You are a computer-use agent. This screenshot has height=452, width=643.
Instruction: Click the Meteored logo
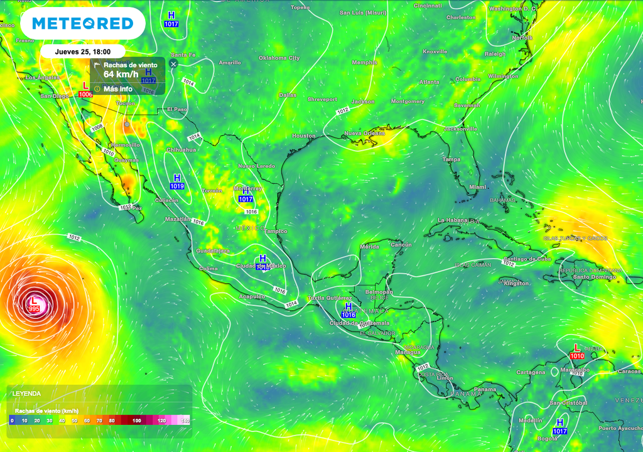pyautogui.click(x=82, y=24)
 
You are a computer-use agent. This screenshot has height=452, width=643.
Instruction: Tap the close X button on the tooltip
pyautogui.click(x=173, y=63)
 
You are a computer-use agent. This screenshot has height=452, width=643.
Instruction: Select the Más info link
pyautogui.click(x=118, y=89)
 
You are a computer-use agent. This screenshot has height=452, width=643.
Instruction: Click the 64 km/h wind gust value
pyautogui.click(x=121, y=75)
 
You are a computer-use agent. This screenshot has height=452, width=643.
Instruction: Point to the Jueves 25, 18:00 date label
pyautogui.click(x=82, y=52)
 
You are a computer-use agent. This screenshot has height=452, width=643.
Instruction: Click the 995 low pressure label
pyautogui.click(x=35, y=309)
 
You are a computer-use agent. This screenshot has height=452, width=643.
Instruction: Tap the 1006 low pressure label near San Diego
pyautogui.click(x=85, y=94)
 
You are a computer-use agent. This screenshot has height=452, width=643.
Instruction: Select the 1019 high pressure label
pyautogui.click(x=177, y=186)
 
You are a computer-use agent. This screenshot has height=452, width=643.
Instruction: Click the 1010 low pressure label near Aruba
pyautogui.click(x=577, y=356)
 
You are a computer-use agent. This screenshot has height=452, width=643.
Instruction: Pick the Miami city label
pyautogui.click(x=478, y=187)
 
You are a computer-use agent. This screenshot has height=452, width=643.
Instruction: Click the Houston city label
pyautogui.click(x=304, y=136)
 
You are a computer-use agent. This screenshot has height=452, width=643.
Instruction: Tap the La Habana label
pyautogui.click(x=453, y=220)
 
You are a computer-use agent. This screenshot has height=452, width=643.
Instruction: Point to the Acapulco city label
pyautogui.click(x=252, y=296)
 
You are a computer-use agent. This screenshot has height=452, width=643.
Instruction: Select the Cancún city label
pyautogui.click(x=401, y=245)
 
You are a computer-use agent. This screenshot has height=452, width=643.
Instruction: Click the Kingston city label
pyautogui.click(x=516, y=284)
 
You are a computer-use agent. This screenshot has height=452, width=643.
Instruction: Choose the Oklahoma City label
pyautogui.click(x=279, y=58)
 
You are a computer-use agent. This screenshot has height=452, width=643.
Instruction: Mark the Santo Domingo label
pyautogui.click(x=598, y=277)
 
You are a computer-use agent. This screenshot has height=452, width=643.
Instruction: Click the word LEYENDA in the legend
pyautogui.click(x=26, y=394)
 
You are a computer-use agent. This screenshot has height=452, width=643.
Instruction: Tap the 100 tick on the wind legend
pyautogui.click(x=137, y=421)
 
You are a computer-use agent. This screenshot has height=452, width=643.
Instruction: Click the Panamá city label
pyautogui.click(x=485, y=390)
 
